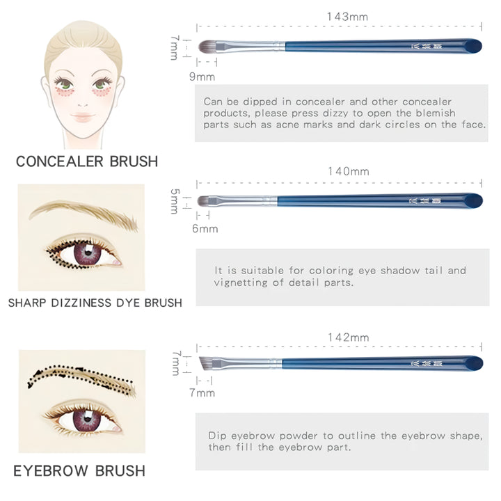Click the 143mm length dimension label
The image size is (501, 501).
(347, 16)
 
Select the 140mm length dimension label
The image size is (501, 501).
(348, 171)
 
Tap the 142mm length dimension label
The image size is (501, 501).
(348, 337)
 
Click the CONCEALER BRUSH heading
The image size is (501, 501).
(87, 161)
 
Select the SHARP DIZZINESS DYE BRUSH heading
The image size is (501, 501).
(95, 303)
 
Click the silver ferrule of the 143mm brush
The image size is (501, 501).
(257, 46)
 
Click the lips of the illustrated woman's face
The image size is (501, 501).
(82, 117)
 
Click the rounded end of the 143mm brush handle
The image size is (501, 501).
(472, 46)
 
